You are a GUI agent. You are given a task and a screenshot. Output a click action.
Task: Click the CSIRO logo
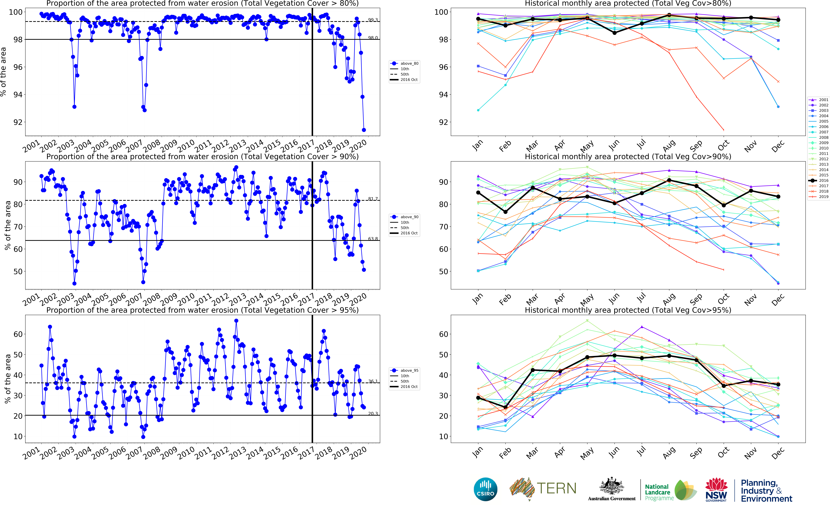coord(486,489)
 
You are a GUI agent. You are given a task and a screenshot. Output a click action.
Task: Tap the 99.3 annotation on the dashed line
coord(373,20)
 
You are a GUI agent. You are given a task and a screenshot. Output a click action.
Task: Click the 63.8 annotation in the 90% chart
coord(373,239)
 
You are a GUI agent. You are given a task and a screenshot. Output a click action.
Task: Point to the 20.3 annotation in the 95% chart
coord(373,413)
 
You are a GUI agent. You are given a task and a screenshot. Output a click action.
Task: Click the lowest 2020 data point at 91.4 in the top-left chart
coord(364,130)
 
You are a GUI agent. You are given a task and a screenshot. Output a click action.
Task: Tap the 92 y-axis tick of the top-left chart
coord(18,122)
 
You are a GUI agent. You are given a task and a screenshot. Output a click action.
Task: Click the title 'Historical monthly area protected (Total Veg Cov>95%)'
coord(628,310)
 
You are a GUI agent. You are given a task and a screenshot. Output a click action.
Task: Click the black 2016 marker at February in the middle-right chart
coord(505,212)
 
